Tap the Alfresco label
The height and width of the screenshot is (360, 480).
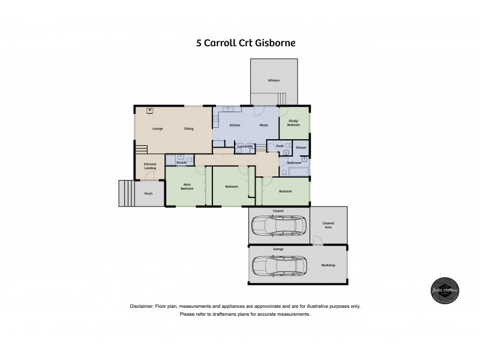(x=274, y=80)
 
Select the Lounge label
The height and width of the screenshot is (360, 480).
(x=157, y=128)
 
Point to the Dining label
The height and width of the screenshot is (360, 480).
(x=188, y=128)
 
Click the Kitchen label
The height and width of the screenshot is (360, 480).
(x=235, y=125)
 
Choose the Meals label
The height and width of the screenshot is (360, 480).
(x=263, y=125)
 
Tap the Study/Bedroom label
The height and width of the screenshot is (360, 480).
(x=293, y=123)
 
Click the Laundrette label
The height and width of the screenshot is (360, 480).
(x=245, y=146)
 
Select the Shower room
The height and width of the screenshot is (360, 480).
(x=301, y=147)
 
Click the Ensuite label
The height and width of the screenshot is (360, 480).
(x=182, y=162)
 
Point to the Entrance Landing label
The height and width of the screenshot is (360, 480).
(x=150, y=166)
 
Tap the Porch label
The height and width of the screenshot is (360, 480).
(x=148, y=193)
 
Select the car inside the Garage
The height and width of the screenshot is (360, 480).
(x=279, y=265)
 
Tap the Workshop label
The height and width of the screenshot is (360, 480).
(x=328, y=265)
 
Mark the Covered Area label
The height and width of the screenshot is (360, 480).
(x=328, y=225)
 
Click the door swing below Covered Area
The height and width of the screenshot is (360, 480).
(x=318, y=241)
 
